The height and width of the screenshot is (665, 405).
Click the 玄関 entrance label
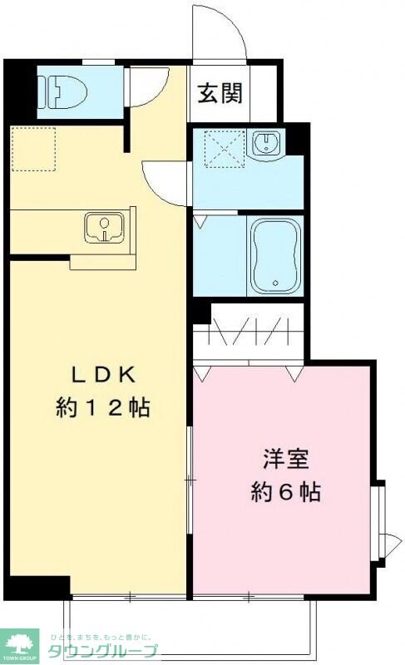[x=220, y=93]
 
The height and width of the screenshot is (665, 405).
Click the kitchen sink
[x=104, y=227]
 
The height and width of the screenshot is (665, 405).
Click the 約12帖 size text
[x=102, y=407]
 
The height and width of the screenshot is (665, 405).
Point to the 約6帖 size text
[x=286, y=492]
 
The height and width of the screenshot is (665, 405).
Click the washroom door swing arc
[x=165, y=181]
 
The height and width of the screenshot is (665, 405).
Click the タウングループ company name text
[x=101, y=651]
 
